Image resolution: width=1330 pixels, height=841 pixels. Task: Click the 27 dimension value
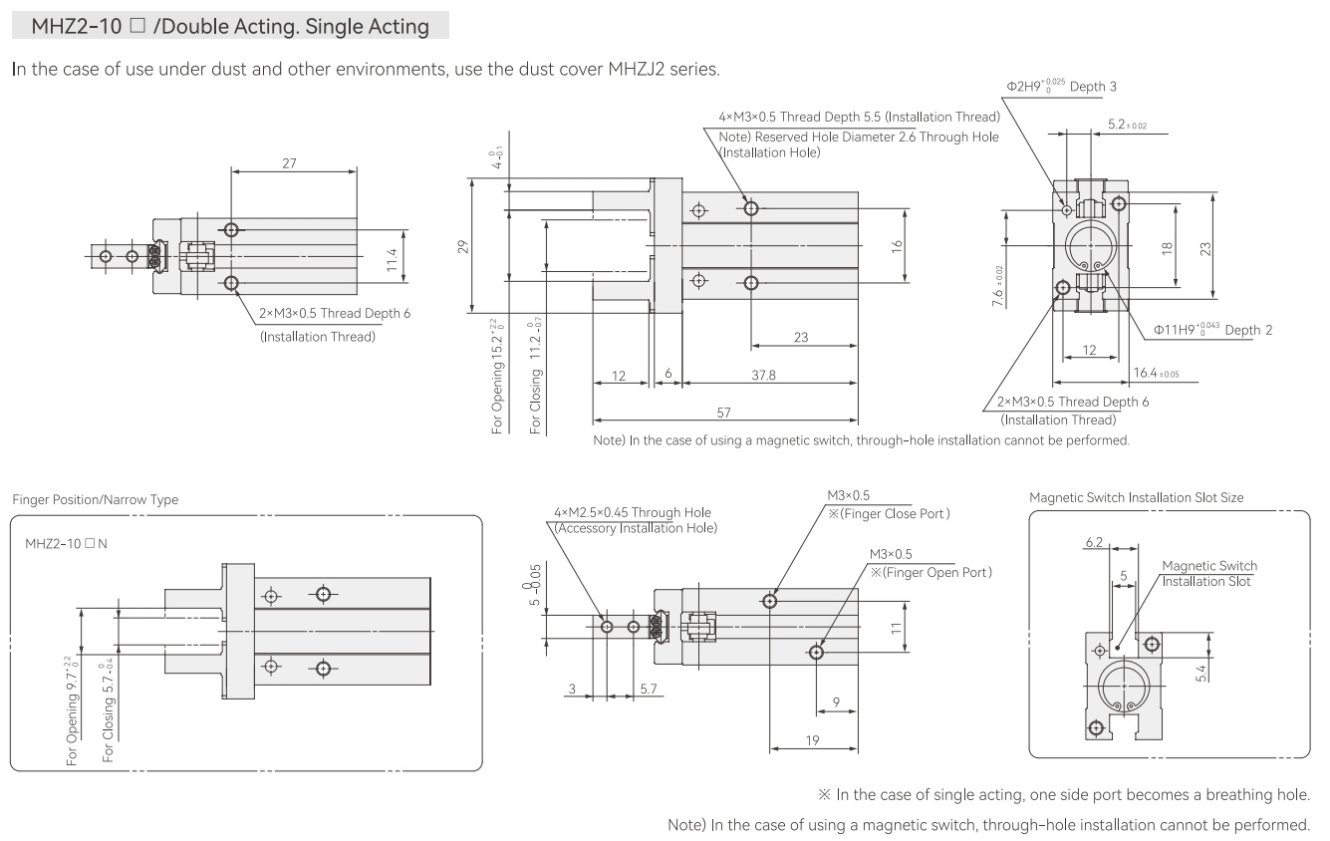pyautogui.click(x=289, y=163)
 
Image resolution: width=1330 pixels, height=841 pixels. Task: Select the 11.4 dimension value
pyautogui.click(x=392, y=260)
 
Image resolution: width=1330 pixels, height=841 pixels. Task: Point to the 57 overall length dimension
pyautogui.click(x=723, y=413)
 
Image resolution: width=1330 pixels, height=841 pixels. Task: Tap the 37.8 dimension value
pyautogui.click(x=763, y=375)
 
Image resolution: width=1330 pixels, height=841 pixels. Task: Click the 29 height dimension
pyautogui.click(x=463, y=246)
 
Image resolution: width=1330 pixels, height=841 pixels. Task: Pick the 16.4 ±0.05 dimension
pyautogui.click(x=1156, y=373)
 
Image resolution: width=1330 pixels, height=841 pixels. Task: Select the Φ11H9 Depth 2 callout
pyautogui.click(x=1212, y=330)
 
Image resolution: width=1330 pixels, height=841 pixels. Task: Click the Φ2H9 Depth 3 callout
pyautogui.click(x=1061, y=86)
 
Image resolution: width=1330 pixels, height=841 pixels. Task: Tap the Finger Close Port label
pyautogui.click(x=889, y=514)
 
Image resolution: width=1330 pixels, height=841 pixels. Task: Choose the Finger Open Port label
pyautogui.click(x=931, y=573)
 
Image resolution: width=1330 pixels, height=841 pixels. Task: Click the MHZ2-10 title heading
pyautogui.click(x=230, y=26)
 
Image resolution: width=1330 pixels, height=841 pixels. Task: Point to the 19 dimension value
pyautogui.click(x=812, y=740)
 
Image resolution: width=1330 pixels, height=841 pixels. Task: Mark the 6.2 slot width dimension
pyautogui.click(x=1094, y=542)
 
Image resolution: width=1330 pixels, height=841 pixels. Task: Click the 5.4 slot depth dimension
pyautogui.click(x=1201, y=673)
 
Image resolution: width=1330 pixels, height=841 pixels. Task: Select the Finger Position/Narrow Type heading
pyautogui.click(x=95, y=499)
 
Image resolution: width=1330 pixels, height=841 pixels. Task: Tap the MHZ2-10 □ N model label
pyautogui.click(x=66, y=543)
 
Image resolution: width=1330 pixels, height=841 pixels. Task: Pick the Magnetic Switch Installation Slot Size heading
pyautogui.click(x=1136, y=497)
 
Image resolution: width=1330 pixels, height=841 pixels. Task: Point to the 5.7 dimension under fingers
pyautogui.click(x=649, y=689)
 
